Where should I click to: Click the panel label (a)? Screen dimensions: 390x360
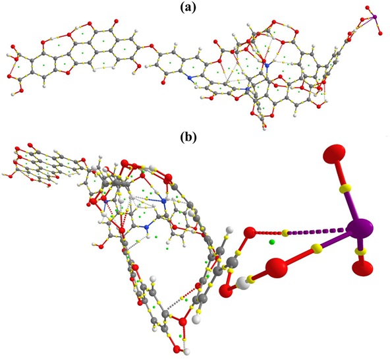pyautogui.click(x=188, y=8)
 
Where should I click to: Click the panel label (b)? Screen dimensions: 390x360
pyautogui.click(x=188, y=136)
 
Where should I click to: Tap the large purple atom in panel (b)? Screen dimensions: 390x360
pyautogui.click(x=360, y=229)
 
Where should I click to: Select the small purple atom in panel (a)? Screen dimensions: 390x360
pyautogui.click(x=375, y=17)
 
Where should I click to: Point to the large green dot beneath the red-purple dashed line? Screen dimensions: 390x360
pyautogui.click(x=272, y=241)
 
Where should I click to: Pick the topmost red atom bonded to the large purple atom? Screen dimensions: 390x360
pyautogui.click(x=334, y=154)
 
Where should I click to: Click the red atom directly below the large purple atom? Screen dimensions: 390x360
pyautogui.click(x=362, y=268)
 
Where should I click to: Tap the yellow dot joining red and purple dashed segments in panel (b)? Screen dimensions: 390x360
pyautogui.click(x=285, y=233)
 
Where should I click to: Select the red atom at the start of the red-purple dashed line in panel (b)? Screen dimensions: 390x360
pyautogui.click(x=250, y=233)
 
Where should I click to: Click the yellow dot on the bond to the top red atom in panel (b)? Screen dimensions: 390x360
pyautogui.click(x=346, y=187)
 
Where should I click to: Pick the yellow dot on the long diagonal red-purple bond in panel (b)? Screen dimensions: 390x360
pyautogui.click(x=317, y=249)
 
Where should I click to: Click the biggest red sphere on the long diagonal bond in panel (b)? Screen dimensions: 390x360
pyautogui.click(x=277, y=268)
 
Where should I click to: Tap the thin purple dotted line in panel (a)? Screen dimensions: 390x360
pyautogui.click(x=365, y=23)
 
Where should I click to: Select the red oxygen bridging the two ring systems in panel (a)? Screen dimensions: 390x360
pyautogui.click(x=152, y=45)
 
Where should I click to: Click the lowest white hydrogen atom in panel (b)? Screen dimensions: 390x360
pyautogui.click(x=186, y=351)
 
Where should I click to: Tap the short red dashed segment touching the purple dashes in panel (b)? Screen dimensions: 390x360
pyautogui.click(x=269, y=233)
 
